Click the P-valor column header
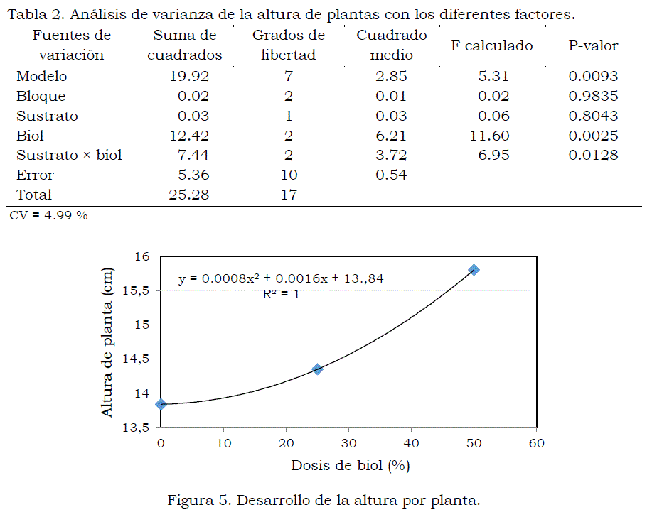(x=593, y=45)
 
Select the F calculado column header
(x=491, y=45)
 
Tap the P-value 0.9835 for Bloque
(x=593, y=97)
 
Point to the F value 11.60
(x=489, y=136)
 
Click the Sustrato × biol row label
(x=69, y=156)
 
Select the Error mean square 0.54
(x=391, y=175)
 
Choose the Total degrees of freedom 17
(x=289, y=195)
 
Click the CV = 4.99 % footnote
(x=48, y=215)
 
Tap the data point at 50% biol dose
(x=474, y=270)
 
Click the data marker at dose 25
(x=317, y=369)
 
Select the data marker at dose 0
(x=161, y=404)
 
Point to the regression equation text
(x=281, y=278)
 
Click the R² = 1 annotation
(x=281, y=294)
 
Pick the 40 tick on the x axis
(x=411, y=443)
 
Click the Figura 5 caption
(x=324, y=501)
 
